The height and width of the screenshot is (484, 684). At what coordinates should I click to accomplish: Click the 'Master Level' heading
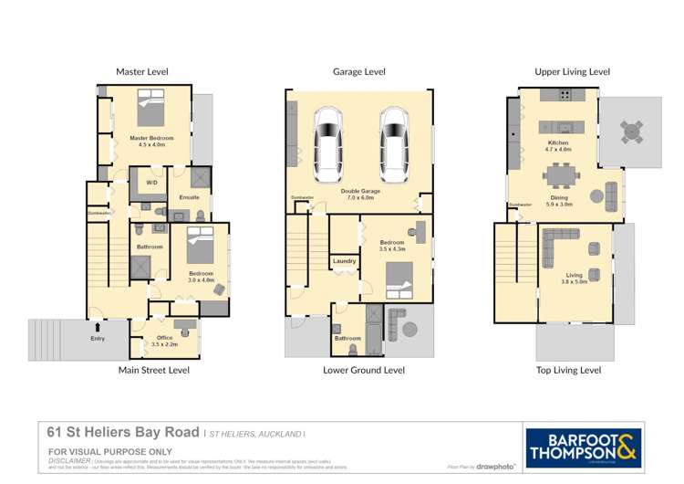141,71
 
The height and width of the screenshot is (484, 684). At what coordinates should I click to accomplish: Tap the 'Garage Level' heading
361,71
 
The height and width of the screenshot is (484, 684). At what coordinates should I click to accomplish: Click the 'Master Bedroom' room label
150,139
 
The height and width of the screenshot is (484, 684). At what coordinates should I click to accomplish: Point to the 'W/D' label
151,183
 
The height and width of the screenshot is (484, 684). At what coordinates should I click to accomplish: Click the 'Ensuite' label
189,197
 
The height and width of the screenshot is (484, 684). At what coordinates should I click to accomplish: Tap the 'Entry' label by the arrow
98,338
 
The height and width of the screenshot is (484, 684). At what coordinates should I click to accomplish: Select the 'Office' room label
165,338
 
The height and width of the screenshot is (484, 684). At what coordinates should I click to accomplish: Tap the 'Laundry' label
344,261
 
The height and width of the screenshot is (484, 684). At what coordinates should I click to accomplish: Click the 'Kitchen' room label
558,143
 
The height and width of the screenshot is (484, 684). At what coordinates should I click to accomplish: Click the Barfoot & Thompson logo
584,448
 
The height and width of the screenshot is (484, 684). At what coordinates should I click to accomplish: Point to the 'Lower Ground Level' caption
364,371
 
